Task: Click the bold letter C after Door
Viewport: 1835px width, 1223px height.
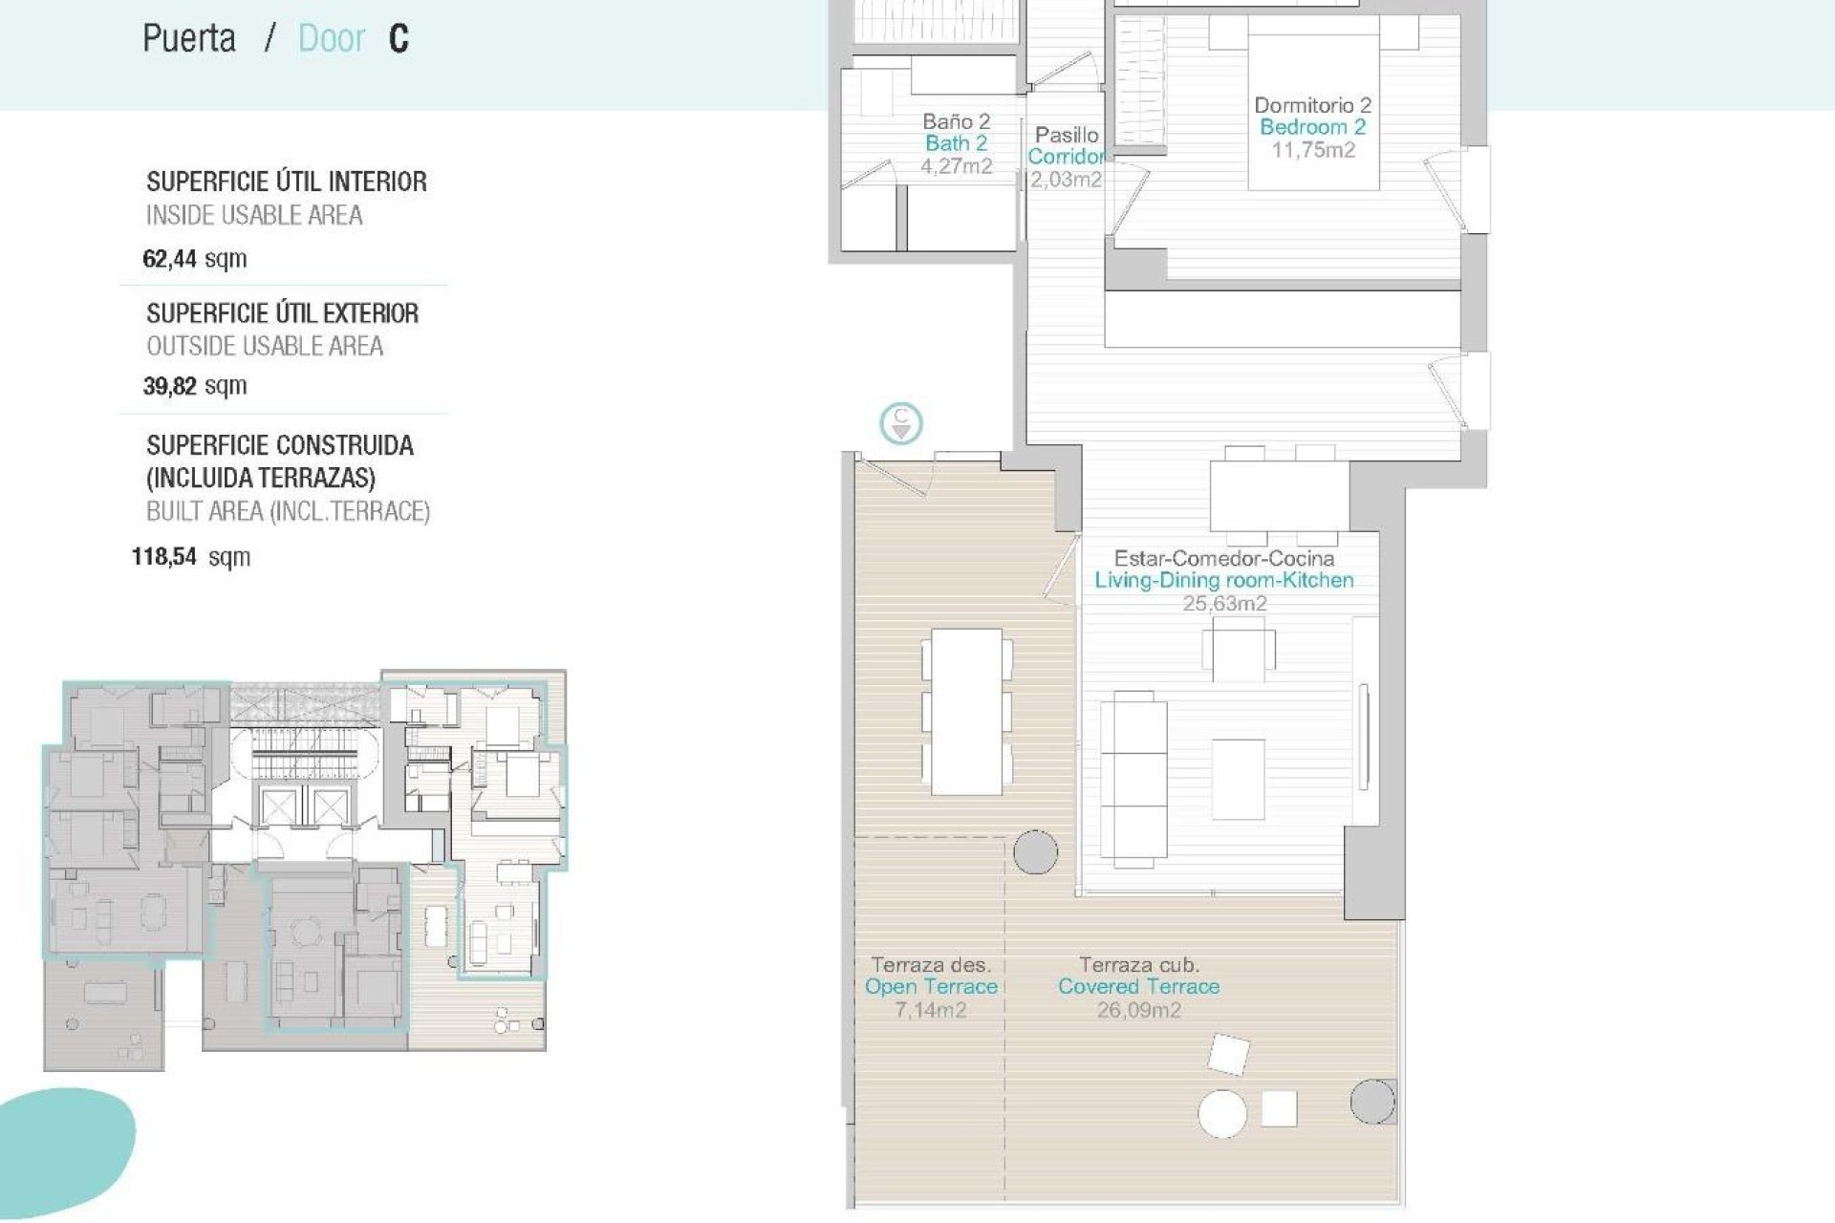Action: pos(399,39)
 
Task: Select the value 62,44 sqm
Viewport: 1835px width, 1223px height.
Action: pos(194,259)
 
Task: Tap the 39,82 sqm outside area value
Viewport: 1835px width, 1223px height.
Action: pos(194,386)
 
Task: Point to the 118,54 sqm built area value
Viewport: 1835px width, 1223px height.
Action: pos(190,557)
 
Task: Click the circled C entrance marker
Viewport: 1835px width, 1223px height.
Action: pos(900,423)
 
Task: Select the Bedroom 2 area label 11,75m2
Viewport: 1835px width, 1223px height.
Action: pos(1312,150)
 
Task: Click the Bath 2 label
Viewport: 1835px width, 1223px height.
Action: pos(955,143)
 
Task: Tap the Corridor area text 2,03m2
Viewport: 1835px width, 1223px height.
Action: pos(1066,180)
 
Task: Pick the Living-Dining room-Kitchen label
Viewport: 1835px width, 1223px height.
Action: pos(1223,580)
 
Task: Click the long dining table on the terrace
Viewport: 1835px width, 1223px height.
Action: pos(966,711)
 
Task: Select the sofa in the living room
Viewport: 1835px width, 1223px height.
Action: pos(1133,779)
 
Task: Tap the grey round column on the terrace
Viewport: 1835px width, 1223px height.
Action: pos(1035,851)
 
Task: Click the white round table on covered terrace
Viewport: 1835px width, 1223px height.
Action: pos(1222,1114)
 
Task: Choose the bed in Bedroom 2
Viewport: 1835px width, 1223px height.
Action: pos(1313,110)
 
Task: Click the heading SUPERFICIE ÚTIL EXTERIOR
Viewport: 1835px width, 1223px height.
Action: pos(282,313)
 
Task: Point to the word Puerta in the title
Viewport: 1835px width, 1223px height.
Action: pos(189,39)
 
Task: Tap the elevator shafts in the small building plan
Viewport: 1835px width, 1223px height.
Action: pos(304,808)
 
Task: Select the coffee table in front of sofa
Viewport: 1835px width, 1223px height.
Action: pos(1238,779)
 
